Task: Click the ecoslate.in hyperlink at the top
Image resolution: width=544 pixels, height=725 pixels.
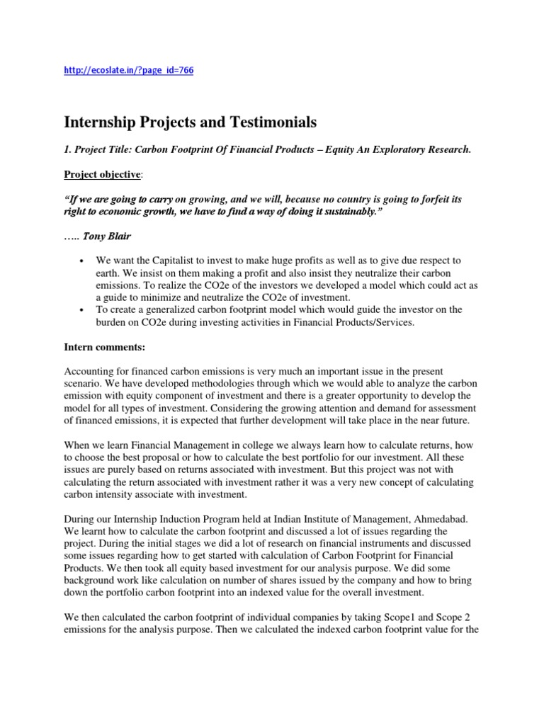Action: coord(129,70)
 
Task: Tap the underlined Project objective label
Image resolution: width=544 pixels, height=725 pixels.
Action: coord(102,175)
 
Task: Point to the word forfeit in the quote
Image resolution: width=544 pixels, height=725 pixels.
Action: coord(419,200)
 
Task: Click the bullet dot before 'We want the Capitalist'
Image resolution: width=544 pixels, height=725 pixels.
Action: coord(83,261)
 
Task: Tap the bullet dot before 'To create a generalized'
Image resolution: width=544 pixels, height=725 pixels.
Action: coord(83,310)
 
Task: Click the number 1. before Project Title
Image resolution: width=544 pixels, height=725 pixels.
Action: coord(68,150)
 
